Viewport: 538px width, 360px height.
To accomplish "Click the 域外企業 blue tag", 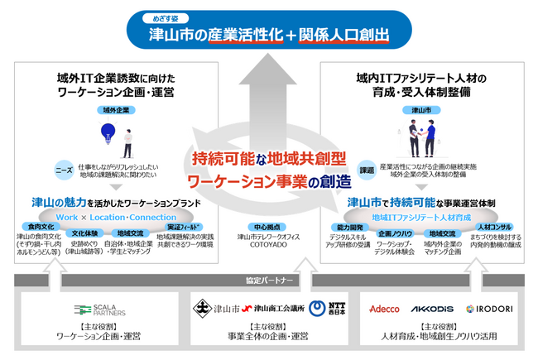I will pos(114,109).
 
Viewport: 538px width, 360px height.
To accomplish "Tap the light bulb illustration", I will pos(107,132).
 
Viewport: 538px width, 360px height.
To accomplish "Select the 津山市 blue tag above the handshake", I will pos(422,109).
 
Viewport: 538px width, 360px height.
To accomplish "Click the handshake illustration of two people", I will pos(422,136).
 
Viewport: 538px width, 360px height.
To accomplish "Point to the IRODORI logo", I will pos(493,309).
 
